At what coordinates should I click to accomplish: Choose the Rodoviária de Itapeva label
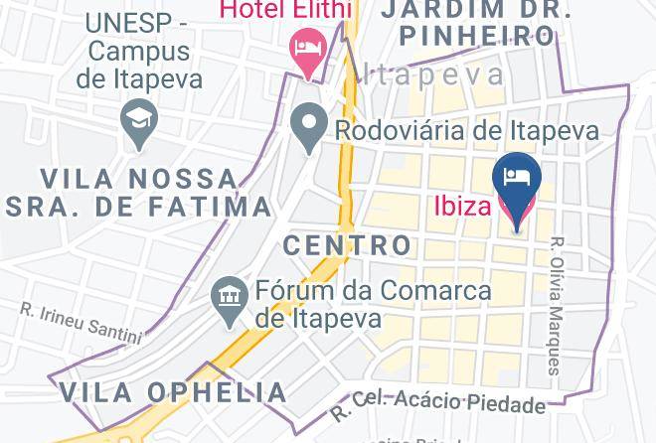click(466, 130)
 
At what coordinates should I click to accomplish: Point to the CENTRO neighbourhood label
click(347, 244)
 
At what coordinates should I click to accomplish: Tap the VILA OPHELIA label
click(174, 391)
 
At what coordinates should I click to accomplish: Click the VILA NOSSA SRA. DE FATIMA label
click(139, 193)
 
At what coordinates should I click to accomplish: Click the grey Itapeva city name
click(433, 74)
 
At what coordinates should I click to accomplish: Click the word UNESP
click(127, 22)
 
